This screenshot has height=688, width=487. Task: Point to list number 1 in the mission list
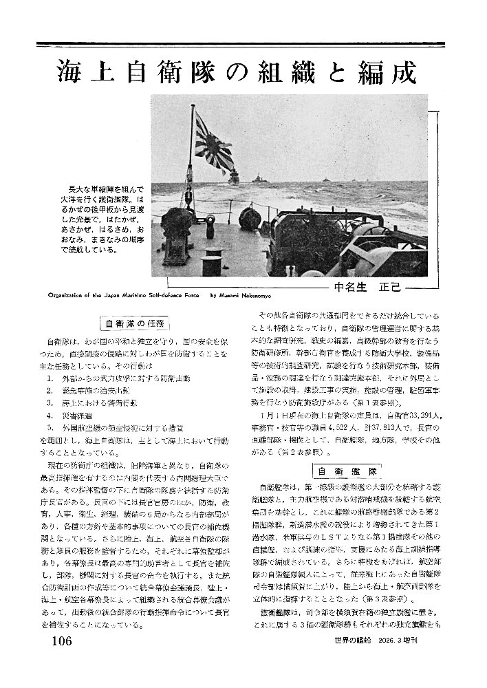[50, 378]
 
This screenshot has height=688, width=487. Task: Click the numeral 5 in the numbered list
[50, 428]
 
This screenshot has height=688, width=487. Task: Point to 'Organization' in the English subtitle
[65, 297]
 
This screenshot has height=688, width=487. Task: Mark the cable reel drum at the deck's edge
[248, 219]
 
